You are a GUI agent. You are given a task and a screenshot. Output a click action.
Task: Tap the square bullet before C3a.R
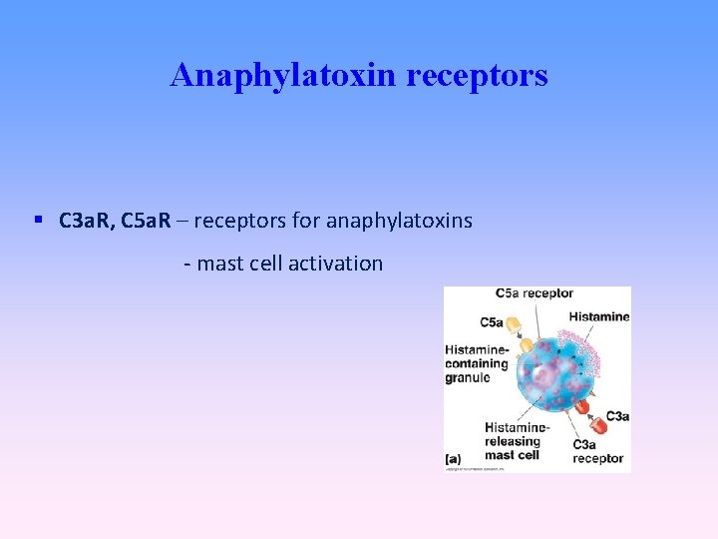37,219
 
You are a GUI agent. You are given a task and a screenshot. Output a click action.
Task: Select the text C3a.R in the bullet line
83,220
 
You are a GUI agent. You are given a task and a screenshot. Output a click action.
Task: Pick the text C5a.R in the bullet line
145,220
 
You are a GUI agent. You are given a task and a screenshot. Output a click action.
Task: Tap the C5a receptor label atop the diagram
535,293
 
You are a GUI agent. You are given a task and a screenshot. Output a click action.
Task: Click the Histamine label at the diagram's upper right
599,316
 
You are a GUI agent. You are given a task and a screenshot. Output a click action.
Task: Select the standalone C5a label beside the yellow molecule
491,322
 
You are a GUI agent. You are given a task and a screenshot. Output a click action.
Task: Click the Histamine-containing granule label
476,364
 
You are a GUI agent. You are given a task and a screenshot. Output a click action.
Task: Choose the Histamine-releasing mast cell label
513,440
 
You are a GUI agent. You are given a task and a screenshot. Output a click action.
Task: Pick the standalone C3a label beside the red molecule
616,416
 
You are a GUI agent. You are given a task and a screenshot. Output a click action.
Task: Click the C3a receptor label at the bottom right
597,451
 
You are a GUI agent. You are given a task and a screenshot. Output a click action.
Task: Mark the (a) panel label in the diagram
453,459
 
